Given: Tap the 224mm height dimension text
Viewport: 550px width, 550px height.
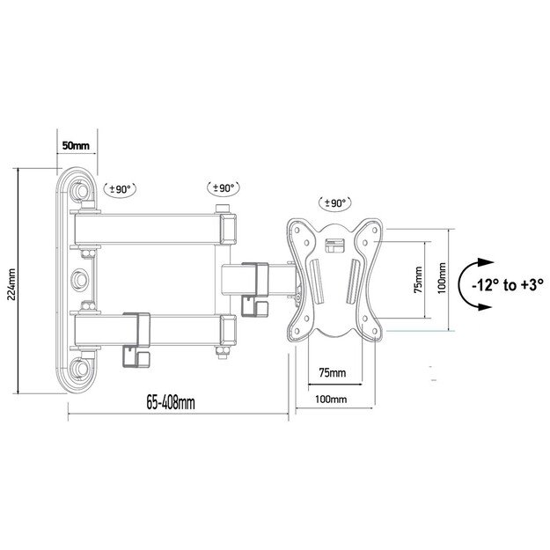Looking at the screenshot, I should (x=10, y=280).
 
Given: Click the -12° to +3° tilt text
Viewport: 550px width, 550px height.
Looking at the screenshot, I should (x=508, y=284).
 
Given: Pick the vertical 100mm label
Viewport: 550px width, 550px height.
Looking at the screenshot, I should (x=441, y=283).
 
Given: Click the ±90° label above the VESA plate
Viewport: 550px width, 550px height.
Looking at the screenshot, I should (x=334, y=202).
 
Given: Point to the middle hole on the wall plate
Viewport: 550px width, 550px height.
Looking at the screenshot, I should (x=82, y=278).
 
